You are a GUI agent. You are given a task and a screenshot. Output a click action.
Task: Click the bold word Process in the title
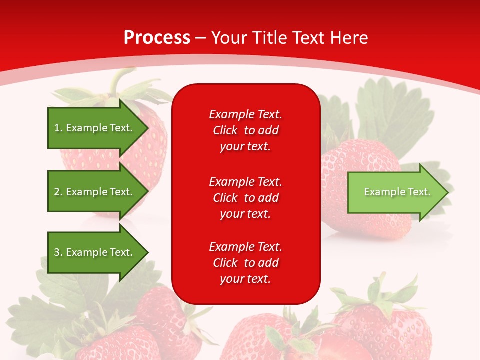point(157,38)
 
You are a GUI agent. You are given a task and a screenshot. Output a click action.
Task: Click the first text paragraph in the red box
point(245,130)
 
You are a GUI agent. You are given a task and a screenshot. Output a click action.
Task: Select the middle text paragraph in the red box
point(245,197)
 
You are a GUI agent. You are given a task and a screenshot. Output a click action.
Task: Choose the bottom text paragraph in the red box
point(245,263)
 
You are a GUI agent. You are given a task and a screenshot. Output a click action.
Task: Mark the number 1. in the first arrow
point(58,128)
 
